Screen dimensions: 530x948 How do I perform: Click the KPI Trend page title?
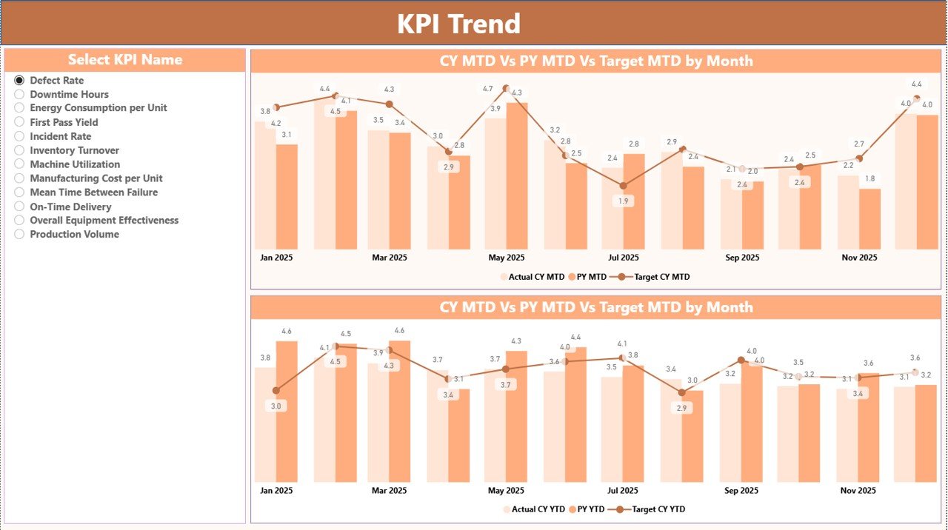(458, 24)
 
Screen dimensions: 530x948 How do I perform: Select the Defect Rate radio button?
(19, 80)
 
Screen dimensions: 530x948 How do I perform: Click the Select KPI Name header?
(124, 60)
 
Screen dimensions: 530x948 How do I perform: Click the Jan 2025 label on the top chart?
(276, 258)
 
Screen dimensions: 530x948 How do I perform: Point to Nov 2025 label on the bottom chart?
(859, 490)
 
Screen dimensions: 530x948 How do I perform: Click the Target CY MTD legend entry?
(655, 277)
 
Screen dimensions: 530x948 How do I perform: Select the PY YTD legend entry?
(591, 509)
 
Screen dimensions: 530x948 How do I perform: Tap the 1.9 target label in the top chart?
(624, 201)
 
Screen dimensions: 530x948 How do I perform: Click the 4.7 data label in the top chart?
(487, 89)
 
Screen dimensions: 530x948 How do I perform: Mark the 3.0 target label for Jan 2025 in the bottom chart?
(276, 406)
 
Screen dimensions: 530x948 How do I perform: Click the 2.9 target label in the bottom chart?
(682, 409)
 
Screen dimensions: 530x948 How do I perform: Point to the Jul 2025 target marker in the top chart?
(623, 186)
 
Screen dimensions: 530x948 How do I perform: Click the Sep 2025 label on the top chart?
(741, 258)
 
